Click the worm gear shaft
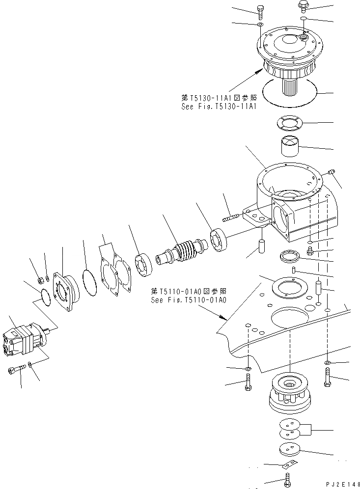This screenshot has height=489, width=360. point(182,250)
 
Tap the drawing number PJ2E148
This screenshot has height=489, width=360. point(339,484)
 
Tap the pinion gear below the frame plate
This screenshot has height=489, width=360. point(289,392)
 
